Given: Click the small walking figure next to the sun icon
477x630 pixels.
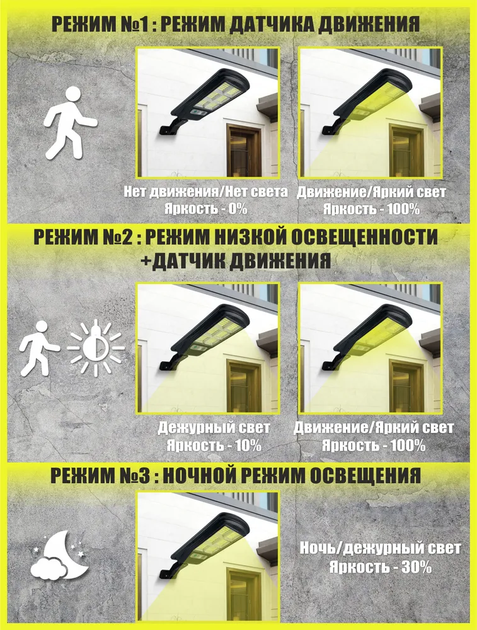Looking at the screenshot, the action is [39, 348].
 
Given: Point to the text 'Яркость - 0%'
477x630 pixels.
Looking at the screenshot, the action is [205, 209].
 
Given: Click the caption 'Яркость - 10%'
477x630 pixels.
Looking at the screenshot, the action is [214, 445].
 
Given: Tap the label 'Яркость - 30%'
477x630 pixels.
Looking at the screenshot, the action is [380, 567].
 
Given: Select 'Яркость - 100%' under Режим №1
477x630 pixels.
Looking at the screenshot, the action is [371, 209].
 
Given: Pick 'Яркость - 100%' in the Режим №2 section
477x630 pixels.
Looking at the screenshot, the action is [373, 445].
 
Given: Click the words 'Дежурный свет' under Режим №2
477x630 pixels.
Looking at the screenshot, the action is [214, 427].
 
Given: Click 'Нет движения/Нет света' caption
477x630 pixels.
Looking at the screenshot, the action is [205, 192].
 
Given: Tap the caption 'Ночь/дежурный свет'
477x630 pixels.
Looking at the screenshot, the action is [380, 549].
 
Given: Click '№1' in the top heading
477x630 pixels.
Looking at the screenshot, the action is [132, 25].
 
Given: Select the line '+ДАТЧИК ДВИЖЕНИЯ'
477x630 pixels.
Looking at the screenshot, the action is [236, 261].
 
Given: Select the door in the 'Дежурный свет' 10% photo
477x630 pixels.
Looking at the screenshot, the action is [243, 386].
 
